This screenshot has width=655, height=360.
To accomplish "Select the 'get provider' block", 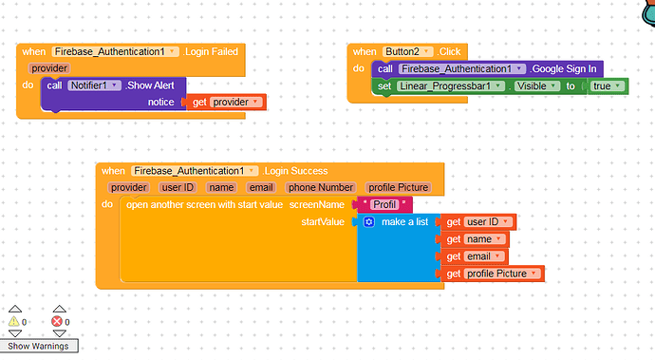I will pyautogui.click(x=224, y=102).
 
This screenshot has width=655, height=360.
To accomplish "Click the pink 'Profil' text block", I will pyautogui.click(x=384, y=204).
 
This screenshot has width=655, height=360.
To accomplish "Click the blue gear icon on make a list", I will pyautogui.click(x=368, y=221).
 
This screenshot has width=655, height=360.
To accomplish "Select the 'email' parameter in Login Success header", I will pyautogui.click(x=260, y=188).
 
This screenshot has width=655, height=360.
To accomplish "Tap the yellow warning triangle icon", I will pyautogui.click(x=14, y=322).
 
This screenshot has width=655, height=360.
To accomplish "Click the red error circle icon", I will pyautogui.click(x=56, y=322).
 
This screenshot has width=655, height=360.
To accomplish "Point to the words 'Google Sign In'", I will pyautogui.click(x=567, y=68).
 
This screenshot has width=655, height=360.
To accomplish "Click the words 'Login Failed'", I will pyautogui.click(x=211, y=51).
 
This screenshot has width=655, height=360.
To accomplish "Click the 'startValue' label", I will pyautogui.click(x=324, y=221).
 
